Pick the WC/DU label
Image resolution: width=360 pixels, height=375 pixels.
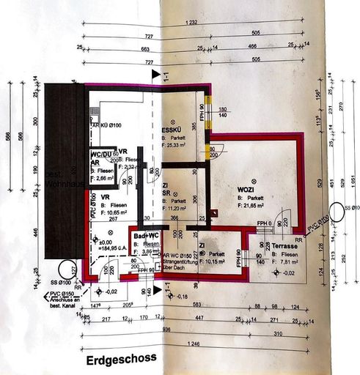click(101, 155)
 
